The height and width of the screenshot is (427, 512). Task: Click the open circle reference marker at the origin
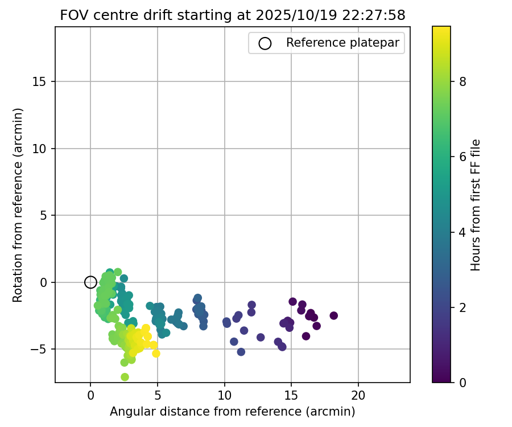tap(90, 282)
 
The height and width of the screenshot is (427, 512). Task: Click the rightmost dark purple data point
tap(333, 315)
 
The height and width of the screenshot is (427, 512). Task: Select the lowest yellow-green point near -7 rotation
tap(125, 377)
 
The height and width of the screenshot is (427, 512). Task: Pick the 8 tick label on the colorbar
tap(463, 81)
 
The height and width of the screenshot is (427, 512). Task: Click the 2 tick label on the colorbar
tap(463, 307)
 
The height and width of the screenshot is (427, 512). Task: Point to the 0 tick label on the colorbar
tap(463, 383)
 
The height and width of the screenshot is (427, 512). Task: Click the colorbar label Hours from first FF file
tap(476, 205)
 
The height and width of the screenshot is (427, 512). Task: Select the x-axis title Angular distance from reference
tap(232, 411)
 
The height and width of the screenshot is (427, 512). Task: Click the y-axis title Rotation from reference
tap(18, 205)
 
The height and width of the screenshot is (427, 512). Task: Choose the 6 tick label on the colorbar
tap(463, 157)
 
